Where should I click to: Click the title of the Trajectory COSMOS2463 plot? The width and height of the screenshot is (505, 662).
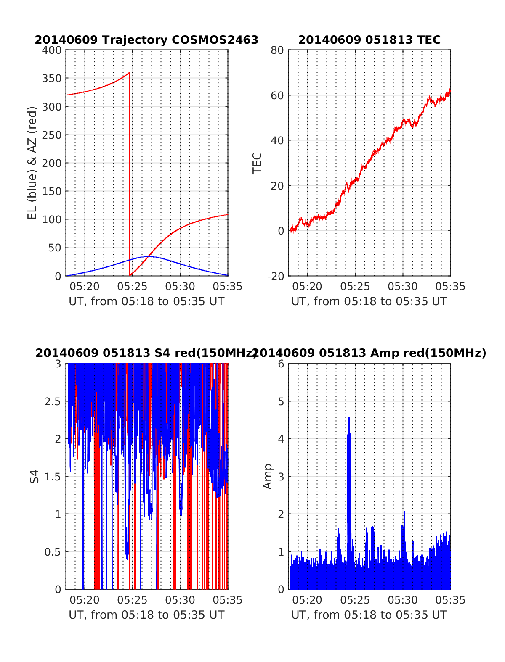(146, 40)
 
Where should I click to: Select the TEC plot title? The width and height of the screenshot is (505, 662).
(369, 40)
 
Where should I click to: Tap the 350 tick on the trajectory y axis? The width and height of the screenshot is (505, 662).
(52, 79)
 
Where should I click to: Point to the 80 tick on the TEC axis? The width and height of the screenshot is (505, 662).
(278, 50)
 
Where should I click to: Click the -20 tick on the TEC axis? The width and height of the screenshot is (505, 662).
(276, 276)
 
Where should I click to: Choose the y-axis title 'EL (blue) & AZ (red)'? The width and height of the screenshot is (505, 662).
(32, 163)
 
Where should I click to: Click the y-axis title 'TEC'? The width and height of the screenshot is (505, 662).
(257, 163)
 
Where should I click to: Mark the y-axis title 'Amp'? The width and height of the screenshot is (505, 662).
(268, 476)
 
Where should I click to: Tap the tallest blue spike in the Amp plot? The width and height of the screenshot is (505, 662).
(349, 419)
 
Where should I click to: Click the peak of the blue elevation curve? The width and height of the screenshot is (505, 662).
(147, 256)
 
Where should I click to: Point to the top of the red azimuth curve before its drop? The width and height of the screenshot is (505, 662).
(129, 73)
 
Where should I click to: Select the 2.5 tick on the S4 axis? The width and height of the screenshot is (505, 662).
(53, 401)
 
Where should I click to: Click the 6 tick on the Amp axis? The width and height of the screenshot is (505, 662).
(281, 364)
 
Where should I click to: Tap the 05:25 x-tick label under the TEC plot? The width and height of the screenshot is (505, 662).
(355, 287)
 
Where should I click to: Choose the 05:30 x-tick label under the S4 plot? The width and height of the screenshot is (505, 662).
(180, 600)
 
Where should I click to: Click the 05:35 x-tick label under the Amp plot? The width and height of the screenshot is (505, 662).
(450, 600)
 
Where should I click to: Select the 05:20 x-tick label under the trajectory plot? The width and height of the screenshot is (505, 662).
(85, 287)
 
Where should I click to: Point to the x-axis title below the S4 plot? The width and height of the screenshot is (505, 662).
(146, 615)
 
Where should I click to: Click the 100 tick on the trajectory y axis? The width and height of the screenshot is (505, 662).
(52, 219)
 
